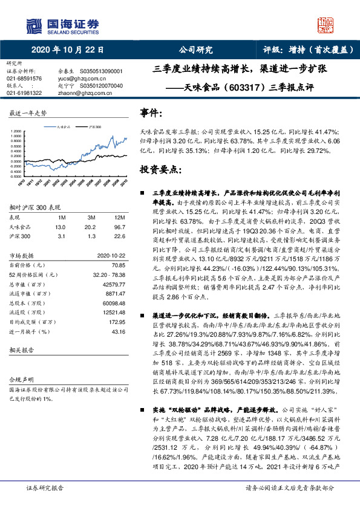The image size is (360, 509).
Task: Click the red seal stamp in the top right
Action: click(326, 25)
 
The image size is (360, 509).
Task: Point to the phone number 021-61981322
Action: click(24, 92)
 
